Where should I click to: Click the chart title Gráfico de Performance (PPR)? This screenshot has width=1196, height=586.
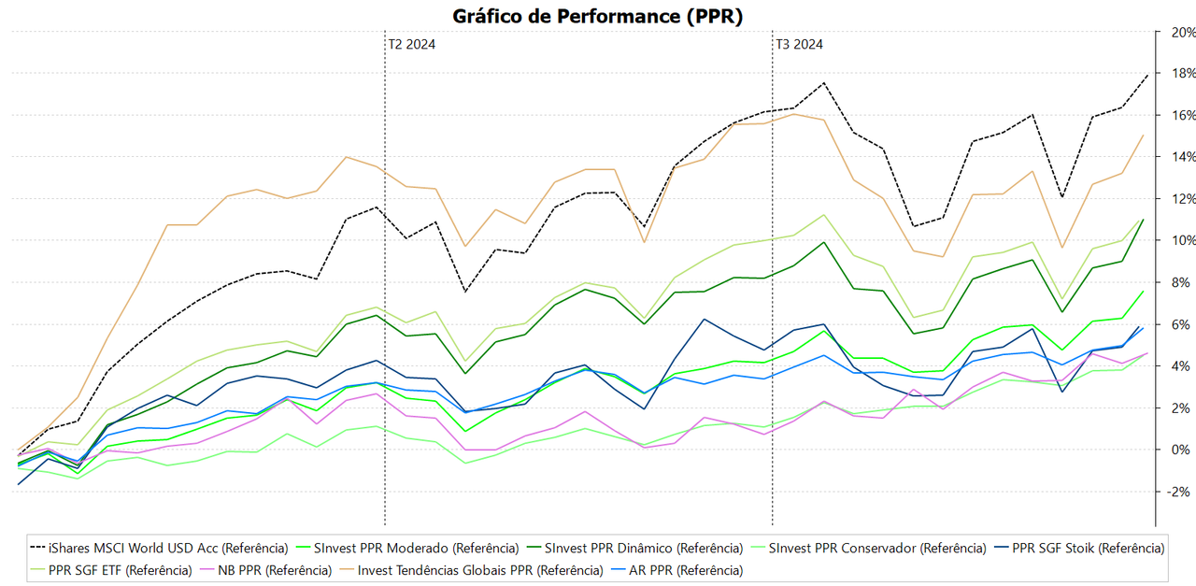click(x=598, y=16)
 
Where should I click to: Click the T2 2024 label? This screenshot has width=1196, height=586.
click(x=411, y=44)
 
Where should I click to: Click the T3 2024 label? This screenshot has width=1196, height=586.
click(x=799, y=44)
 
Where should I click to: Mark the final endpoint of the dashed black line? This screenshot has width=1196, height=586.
click(x=1148, y=74)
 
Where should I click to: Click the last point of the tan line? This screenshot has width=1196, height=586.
click(x=1143, y=136)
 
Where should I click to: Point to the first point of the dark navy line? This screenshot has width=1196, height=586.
click(x=19, y=484)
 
